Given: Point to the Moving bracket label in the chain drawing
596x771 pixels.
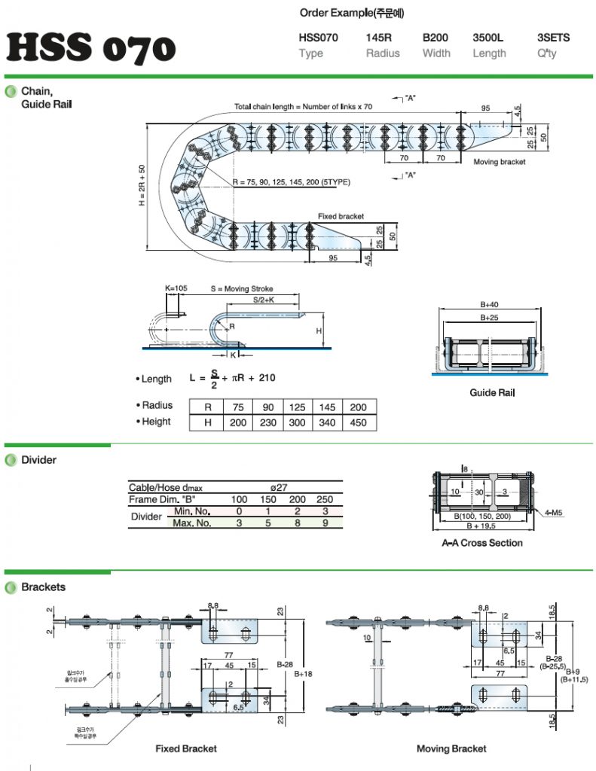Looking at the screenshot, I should pos(500,162).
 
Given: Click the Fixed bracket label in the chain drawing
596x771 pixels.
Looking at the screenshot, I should pos(341,216).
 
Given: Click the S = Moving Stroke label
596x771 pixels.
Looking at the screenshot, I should pos(242,288).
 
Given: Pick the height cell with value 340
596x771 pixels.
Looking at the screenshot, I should pos(328,422).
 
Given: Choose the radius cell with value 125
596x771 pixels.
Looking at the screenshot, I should pos(297,407).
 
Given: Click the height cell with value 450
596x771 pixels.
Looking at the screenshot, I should pos(359,422).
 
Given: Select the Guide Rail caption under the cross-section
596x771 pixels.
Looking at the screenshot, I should pos(492,392).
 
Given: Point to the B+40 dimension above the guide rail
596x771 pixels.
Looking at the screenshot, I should pos(489,305).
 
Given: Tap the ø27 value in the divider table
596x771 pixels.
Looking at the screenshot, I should pos(278,488).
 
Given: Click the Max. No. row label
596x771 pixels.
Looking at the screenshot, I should pos(192,523).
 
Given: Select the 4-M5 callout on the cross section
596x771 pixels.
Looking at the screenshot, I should pos(555,513).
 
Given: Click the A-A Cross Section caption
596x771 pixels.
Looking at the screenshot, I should pos(481,543).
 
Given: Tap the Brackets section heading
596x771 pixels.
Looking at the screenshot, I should pos(43,587).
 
